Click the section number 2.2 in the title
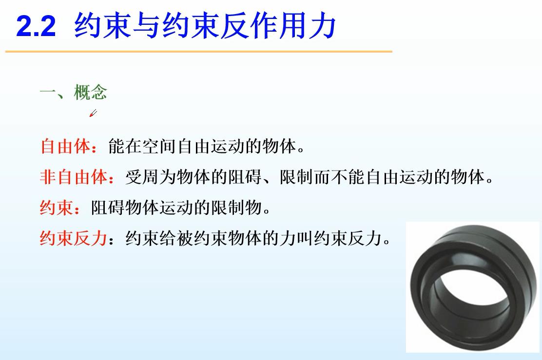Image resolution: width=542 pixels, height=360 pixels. click(36, 26)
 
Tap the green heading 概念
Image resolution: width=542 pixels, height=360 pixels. click(91, 92)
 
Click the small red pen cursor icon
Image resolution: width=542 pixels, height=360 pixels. click(93, 113)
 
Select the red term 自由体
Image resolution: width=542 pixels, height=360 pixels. click(65, 146)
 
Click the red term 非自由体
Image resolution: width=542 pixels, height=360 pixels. click(74, 177)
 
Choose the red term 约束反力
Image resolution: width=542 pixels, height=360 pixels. click(73, 238)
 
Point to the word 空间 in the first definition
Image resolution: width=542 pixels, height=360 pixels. click(159, 146)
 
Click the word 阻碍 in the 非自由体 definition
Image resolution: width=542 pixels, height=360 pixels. click(245, 177)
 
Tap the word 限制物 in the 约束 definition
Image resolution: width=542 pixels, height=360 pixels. click(236, 208)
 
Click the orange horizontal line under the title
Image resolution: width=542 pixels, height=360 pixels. click(199, 52)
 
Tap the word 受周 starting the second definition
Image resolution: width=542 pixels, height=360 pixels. click(142, 177)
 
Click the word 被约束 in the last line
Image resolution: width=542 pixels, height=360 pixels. click(201, 238)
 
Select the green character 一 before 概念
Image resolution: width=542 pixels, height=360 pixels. click(48, 92)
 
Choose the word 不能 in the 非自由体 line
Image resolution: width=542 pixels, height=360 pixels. click(348, 177)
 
